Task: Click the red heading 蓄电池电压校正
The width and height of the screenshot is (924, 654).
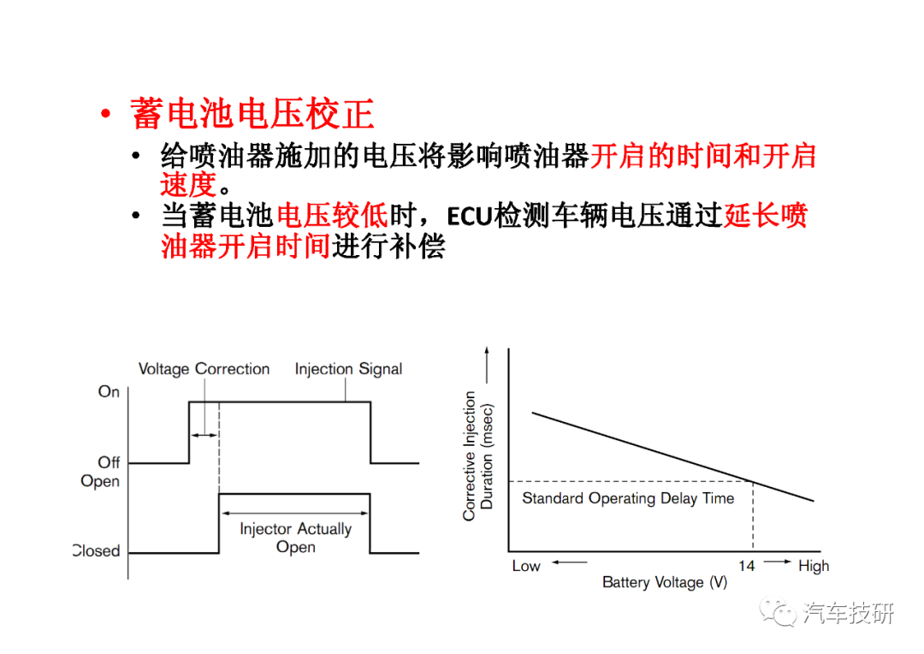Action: (x=252, y=114)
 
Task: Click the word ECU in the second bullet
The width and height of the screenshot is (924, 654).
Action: (x=469, y=217)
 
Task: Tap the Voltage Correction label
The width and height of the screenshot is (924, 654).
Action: (x=204, y=369)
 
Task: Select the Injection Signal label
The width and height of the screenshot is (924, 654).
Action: (x=348, y=369)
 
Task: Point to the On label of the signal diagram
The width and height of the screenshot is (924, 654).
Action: (x=109, y=391)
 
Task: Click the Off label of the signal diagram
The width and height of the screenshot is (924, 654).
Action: (x=109, y=461)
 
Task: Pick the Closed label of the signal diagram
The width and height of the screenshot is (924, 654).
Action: (x=97, y=550)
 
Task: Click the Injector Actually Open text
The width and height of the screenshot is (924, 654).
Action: (x=296, y=538)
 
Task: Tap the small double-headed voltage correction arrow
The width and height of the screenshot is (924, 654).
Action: (x=204, y=435)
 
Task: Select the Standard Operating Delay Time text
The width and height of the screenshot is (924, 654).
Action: (x=628, y=498)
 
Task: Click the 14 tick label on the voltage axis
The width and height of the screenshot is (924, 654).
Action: (x=747, y=566)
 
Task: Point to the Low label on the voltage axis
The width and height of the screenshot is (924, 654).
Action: (x=526, y=566)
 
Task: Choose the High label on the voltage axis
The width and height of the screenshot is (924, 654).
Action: (x=814, y=566)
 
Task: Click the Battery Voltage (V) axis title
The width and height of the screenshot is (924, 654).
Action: (x=665, y=583)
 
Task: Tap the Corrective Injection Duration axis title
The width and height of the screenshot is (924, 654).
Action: (x=478, y=456)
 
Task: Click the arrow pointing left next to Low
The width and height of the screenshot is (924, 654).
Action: (x=569, y=562)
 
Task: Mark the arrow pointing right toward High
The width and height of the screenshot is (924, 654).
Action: (x=778, y=562)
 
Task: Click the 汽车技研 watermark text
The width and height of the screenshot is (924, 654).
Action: (x=848, y=613)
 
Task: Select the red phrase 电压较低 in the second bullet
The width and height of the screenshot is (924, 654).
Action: (x=332, y=216)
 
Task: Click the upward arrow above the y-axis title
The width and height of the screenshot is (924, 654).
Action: (x=487, y=365)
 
